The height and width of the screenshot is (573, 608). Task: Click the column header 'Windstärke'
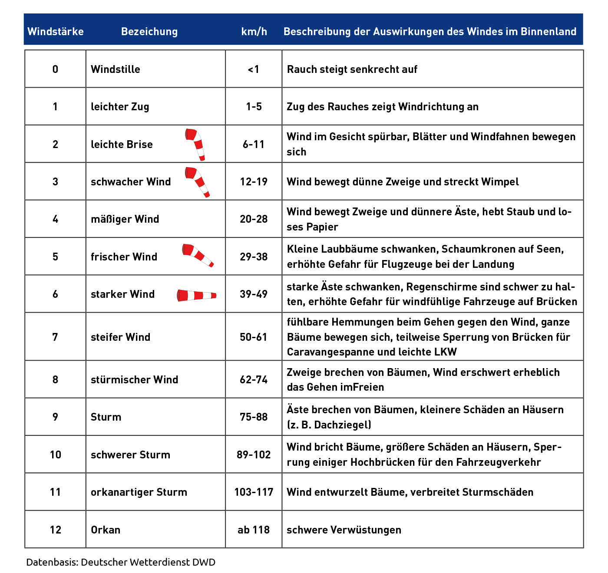[x=56, y=32]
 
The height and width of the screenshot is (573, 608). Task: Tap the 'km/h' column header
[x=254, y=32]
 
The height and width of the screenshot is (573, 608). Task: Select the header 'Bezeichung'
[x=149, y=32]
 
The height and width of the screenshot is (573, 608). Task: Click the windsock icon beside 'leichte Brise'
[x=195, y=144]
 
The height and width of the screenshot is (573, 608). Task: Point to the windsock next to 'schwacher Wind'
[x=198, y=181]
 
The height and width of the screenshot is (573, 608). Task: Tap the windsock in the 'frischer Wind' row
[x=198, y=255]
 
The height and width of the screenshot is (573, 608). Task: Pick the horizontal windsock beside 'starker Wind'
[x=196, y=296]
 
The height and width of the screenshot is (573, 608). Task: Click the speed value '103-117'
[x=254, y=492]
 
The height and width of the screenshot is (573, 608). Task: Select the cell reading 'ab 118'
[x=254, y=530]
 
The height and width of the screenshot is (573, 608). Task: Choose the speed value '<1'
[x=254, y=69]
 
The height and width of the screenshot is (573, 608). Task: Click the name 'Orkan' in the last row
[x=106, y=530]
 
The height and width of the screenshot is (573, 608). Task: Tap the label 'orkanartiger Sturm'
[x=139, y=492]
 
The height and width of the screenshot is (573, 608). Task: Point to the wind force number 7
[x=55, y=337]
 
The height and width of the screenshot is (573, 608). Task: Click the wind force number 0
[x=55, y=69]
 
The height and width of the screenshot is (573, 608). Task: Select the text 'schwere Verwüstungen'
[x=344, y=530]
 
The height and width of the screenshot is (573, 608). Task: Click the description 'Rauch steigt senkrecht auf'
[x=352, y=69]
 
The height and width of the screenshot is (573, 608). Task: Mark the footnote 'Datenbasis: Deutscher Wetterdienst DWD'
[x=121, y=562]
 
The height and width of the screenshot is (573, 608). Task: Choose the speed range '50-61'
[x=254, y=337]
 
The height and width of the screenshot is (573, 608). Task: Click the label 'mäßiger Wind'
[x=125, y=219]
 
